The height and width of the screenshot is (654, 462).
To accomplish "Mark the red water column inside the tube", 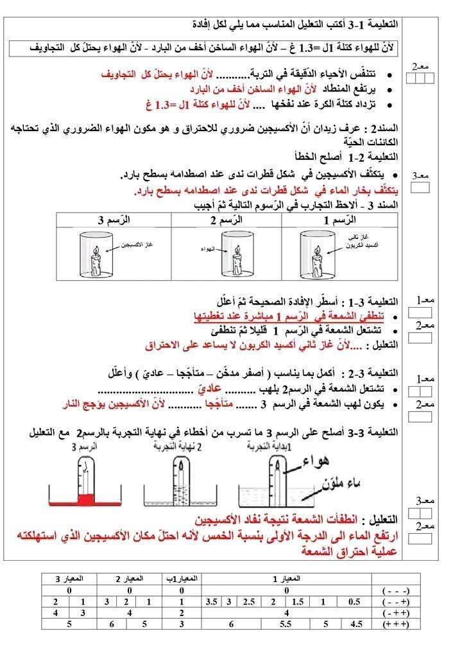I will coord(83,498).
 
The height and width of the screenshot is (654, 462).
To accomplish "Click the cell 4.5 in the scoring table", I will coord(355,623).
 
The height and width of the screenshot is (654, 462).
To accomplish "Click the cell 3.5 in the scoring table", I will coord(212,601).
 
